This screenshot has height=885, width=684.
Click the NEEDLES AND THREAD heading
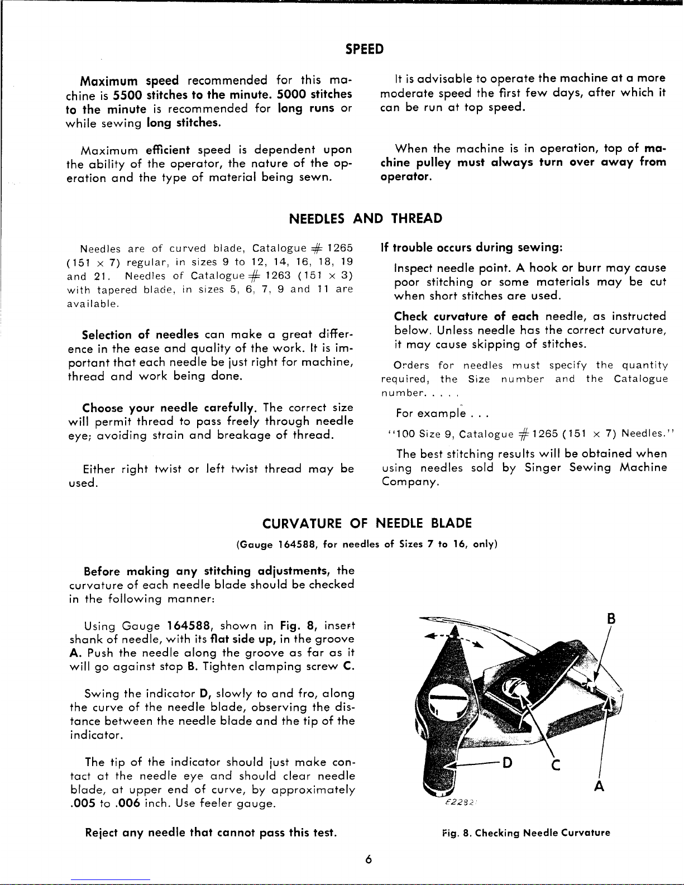[x=366, y=218]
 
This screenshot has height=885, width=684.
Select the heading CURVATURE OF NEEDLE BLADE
[x=367, y=523]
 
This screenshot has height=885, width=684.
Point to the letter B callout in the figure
[x=611, y=619]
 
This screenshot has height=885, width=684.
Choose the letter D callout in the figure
[x=508, y=763]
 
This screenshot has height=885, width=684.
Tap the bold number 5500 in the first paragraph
[x=128, y=94]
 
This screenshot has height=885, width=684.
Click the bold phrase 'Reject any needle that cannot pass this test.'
[x=211, y=833]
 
